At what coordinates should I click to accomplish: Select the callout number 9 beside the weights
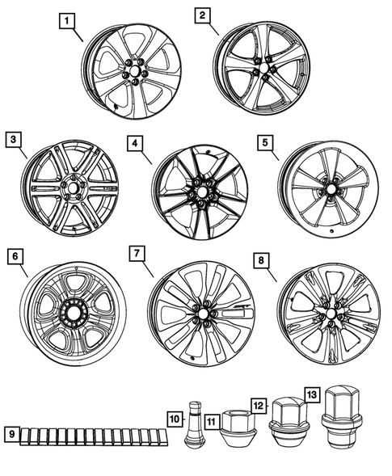[x=12, y=434]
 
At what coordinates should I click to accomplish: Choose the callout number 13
[x=312, y=394]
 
